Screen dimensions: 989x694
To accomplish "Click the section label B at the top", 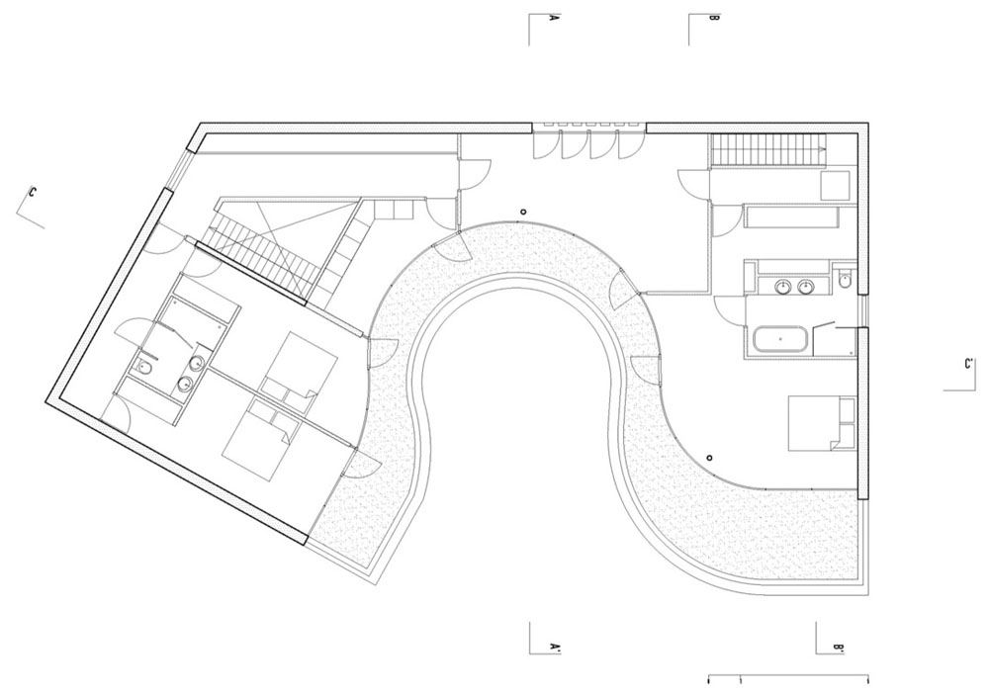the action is tap(713, 18).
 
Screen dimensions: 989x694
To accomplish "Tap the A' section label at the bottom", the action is tap(555, 647).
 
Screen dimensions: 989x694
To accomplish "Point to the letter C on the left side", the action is tap(32, 192).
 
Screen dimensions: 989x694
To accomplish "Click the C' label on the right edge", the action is tap(969, 364).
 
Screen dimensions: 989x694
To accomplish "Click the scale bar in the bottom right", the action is tap(788, 679).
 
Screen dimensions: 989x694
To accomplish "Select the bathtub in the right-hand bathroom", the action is tap(779, 339).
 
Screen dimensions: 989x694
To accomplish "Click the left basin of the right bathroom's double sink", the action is tap(783, 288).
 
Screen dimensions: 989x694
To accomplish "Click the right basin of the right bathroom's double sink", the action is tap(805, 288).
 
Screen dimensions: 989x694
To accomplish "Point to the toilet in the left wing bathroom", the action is tap(145, 368).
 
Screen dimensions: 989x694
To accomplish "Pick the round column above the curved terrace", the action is tap(523, 213).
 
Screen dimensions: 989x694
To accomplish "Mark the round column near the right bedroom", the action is tap(709, 457).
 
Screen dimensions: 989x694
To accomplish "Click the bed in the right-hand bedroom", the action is tap(822, 423).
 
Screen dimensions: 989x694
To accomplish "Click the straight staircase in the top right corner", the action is tap(769, 150).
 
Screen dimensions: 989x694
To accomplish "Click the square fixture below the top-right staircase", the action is tap(836, 185).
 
